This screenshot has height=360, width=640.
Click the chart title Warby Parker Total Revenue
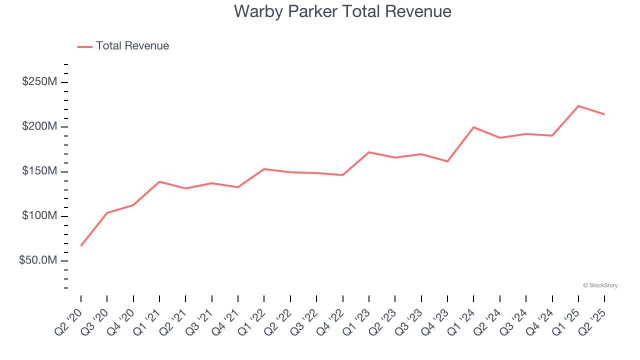[x=342, y=11]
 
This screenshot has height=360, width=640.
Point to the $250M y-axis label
[x=39, y=81]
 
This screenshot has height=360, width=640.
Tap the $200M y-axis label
[x=39, y=126]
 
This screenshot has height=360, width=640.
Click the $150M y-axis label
[x=39, y=171]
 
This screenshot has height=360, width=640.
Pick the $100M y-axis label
[x=39, y=216]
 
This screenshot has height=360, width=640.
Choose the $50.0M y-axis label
[x=38, y=261]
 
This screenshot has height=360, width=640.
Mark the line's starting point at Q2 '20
[x=81, y=245]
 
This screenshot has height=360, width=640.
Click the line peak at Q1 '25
[x=578, y=106]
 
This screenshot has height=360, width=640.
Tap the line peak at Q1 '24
[x=473, y=127]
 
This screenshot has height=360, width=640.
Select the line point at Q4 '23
[x=447, y=161]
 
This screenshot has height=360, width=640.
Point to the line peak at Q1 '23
[x=369, y=152]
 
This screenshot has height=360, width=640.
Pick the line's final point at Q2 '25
[x=604, y=114]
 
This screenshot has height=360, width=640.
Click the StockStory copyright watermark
[x=600, y=285]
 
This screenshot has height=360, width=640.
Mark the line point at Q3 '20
[x=107, y=213]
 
